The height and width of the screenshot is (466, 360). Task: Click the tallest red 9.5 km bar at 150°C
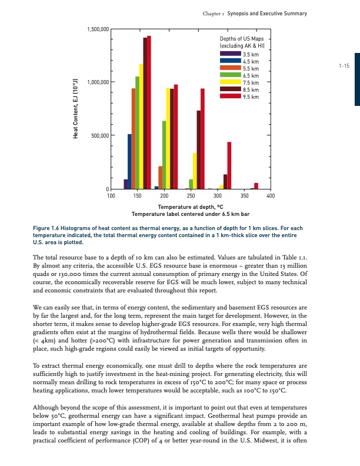(x=149, y=112)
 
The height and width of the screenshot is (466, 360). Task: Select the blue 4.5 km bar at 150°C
(x=129, y=162)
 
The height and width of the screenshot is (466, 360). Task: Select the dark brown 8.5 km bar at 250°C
(x=199, y=150)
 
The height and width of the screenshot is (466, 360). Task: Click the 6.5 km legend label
(x=251, y=75)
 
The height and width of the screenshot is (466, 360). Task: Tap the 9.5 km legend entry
(x=251, y=96)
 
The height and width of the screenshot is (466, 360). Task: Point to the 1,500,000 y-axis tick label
(x=96, y=28)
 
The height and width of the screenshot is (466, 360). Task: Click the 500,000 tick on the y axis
(x=99, y=136)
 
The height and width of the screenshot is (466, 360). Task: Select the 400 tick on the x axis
(x=270, y=195)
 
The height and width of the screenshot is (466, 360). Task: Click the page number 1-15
(x=344, y=66)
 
